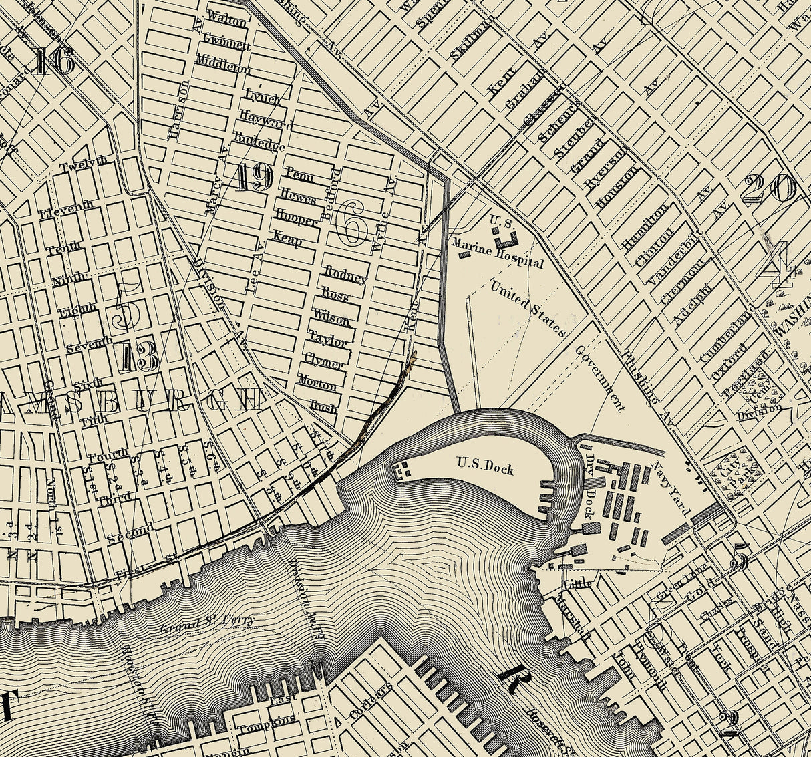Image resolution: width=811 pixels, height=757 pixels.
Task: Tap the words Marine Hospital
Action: point(498,255)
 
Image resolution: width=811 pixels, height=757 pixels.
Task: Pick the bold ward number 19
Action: point(253,178)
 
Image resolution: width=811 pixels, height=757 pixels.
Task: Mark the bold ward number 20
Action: point(769,189)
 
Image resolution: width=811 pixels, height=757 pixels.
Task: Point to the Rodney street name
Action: point(346,275)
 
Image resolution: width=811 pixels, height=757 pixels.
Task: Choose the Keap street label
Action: point(287,237)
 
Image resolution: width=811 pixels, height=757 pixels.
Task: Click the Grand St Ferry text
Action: point(207,623)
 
